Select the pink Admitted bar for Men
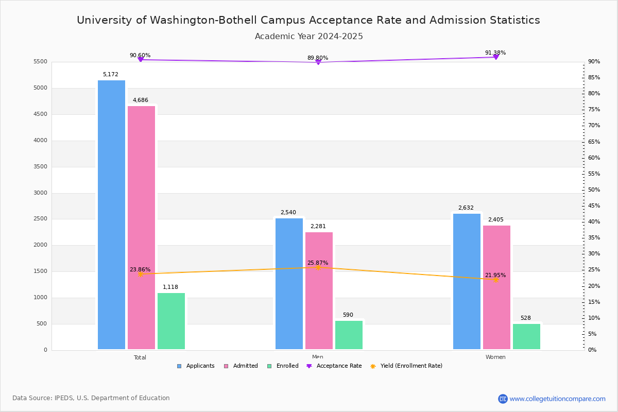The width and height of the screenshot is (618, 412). pyautogui.click(x=319, y=291)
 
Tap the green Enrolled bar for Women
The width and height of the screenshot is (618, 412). pyautogui.click(x=526, y=337)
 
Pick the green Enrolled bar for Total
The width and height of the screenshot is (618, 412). pyautogui.click(x=171, y=321)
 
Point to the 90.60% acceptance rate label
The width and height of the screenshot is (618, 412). pyautogui.click(x=140, y=55)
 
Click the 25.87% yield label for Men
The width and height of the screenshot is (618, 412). pyautogui.click(x=318, y=263)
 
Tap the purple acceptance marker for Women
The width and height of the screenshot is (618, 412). pyautogui.click(x=496, y=57)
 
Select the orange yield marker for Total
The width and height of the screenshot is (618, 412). pyautogui.click(x=140, y=274)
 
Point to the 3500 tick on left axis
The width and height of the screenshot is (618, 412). pyautogui.click(x=41, y=167)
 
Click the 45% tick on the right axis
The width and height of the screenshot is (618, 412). pyautogui.click(x=594, y=206)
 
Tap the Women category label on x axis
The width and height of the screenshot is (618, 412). pyautogui.click(x=495, y=357)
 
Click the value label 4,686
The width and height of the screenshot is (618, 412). pyautogui.click(x=141, y=100)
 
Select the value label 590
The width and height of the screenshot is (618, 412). pyautogui.click(x=348, y=315)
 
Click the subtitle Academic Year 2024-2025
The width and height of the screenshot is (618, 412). pyautogui.click(x=309, y=37)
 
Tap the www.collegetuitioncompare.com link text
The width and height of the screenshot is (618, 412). pyautogui.click(x=557, y=399)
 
